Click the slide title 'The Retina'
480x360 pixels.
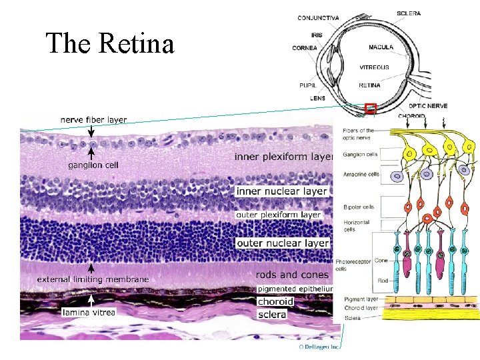coord(110,44)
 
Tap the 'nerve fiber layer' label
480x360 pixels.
coord(93,120)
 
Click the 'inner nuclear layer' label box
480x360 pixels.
coord(282,191)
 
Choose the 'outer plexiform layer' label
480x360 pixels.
coord(279,215)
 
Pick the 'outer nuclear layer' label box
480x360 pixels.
coord(283,243)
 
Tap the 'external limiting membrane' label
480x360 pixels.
coord(93,279)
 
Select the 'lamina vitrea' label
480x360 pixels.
coord(89,312)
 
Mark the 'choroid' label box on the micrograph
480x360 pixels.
coord(275,301)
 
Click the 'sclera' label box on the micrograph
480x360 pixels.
coord(272,314)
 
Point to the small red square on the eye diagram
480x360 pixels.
coord(371,108)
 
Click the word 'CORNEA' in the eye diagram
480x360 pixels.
coord(304,48)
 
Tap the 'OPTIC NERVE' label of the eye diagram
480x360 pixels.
coord(428,105)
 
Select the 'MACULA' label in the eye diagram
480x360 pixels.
coord(381,47)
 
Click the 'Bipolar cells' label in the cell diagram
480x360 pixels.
coord(358,207)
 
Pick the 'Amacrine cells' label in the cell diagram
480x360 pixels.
coord(361,174)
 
